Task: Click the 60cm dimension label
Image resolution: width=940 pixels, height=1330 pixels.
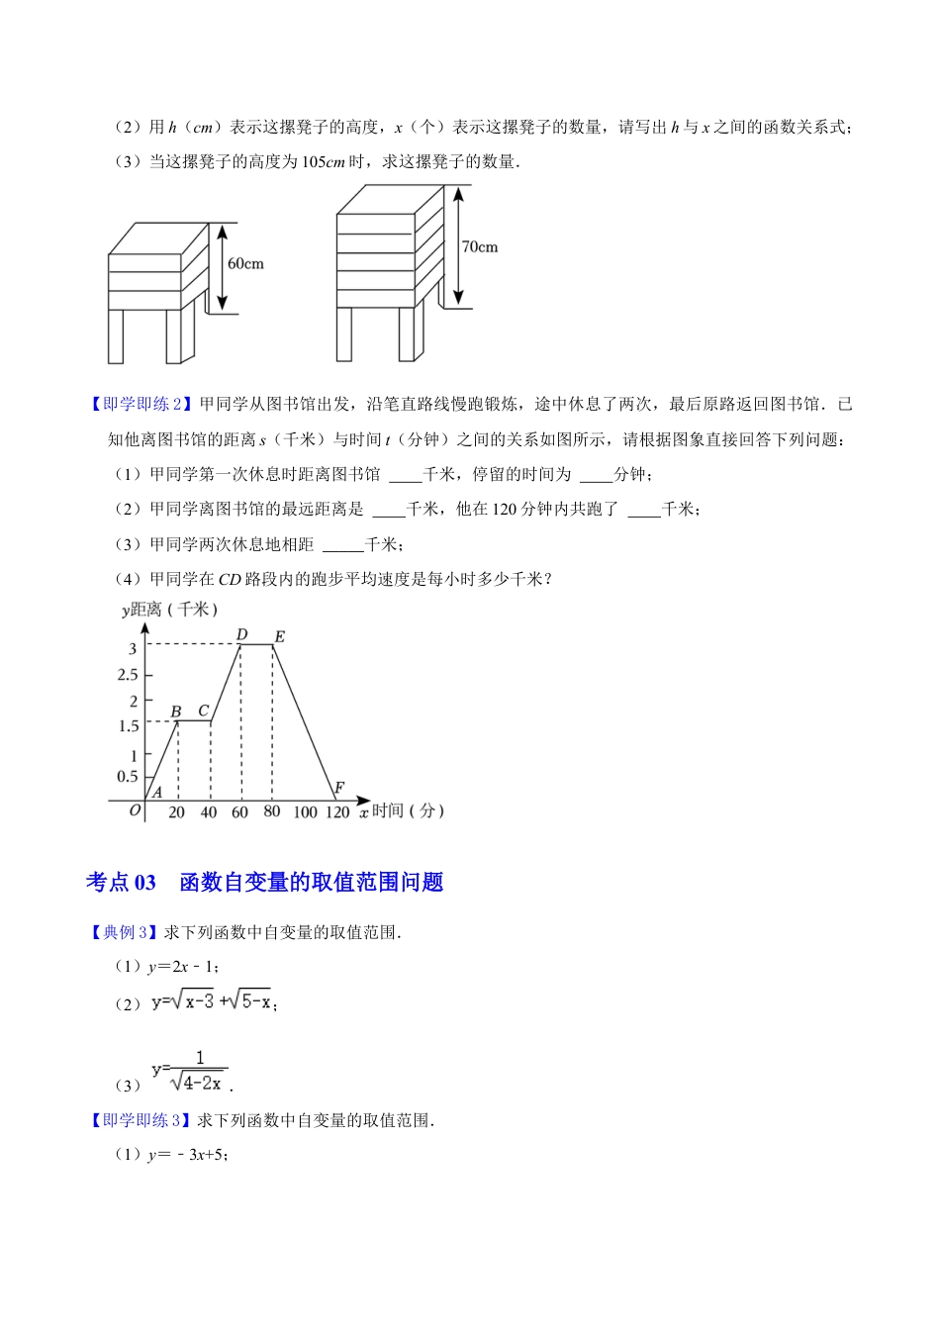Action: tap(245, 264)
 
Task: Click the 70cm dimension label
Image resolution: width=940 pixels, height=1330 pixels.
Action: tap(480, 246)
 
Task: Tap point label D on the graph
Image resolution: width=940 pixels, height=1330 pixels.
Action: tap(241, 634)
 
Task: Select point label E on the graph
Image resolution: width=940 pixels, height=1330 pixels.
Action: tap(279, 636)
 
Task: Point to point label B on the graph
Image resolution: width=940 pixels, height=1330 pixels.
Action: tap(176, 712)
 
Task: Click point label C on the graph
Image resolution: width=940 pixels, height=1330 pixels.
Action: tap(204, 711)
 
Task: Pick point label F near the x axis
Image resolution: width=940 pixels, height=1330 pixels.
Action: tap(338, 788)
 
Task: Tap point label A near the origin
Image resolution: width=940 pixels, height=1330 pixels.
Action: tap(156, 792)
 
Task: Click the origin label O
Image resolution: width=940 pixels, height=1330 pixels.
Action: tap(136, 811)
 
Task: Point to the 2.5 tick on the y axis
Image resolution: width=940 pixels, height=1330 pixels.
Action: tap(128, 675)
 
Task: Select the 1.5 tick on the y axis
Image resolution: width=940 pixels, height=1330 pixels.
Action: tap(128, 726)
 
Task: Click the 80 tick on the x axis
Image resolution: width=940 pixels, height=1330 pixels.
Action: tap(272, 811)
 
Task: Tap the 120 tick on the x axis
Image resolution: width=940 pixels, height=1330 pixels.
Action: tap(337, 812)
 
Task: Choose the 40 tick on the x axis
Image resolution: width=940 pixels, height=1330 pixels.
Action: tap(208, 812)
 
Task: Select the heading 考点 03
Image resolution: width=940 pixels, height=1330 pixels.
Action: tap(121, 882)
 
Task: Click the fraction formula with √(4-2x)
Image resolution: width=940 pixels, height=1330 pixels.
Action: tap(195, 1072)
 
